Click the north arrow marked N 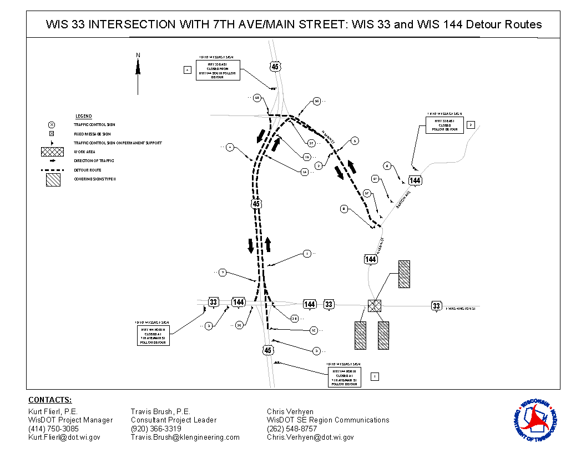pyautogui.click(x=138, y=72)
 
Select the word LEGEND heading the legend pyautogui.click(x=83, y=116)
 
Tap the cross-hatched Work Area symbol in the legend pyautogui.click(x=52, y=152)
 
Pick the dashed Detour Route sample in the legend pyautogui.click(x=52, y=170)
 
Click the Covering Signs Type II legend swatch pyautogui.click(x=53, y=179)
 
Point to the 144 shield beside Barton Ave pyautogui.click(x=415, y=180)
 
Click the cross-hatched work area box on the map pyautogui.click(x=375, y=305)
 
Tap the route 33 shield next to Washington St pyautogui.click(x=437, y=306)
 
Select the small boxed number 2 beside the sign pyautogui.click(x=471, y=125)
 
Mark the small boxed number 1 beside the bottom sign pyautogui.click(x=375, y=376)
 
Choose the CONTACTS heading pyautogui.click(x=50, y=400)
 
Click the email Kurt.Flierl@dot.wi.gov pyautogui.click(x=64, y=437)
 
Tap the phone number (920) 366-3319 pyautogui.click(x=156, y=429)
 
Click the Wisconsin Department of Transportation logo pyautogui.click(x=536, y=420)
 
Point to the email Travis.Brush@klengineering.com pyautogui.click(x=185, y=437)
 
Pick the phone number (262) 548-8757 pyautogui.click(x=292, y=429)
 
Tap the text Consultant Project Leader pyautogui.click(x=174, y=420)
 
